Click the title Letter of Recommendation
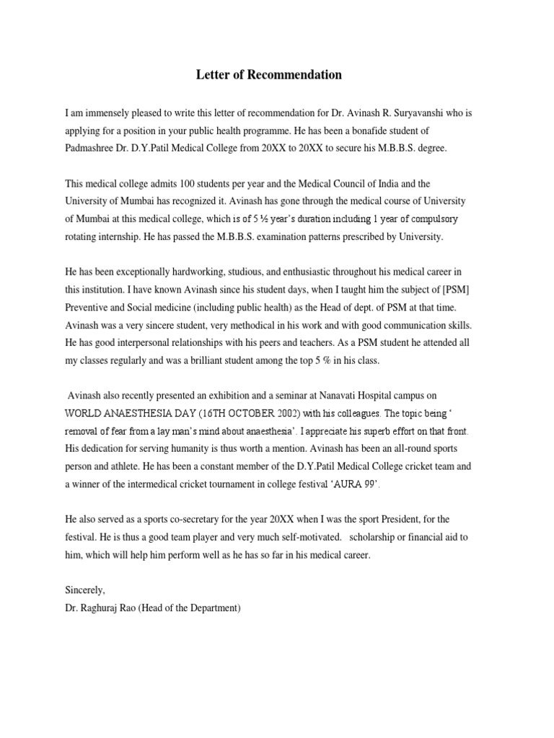tap(269, 75)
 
